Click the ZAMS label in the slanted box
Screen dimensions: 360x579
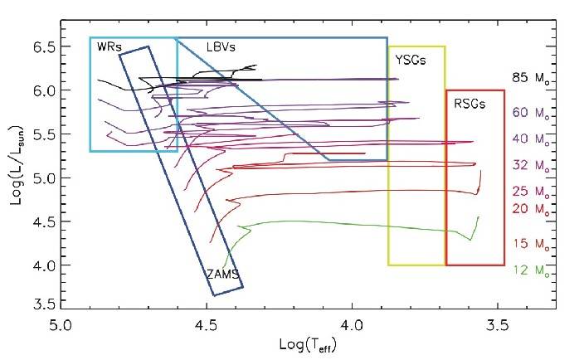click(x=217, y=272)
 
